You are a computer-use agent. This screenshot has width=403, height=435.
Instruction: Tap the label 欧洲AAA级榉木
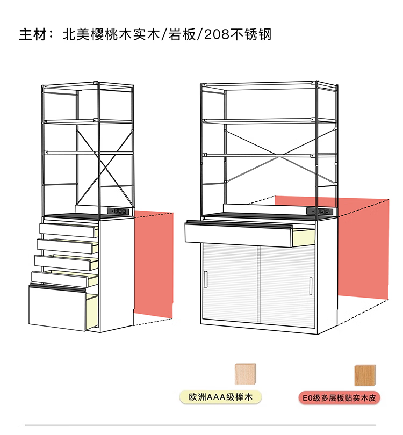pyautogui.click(x=221, y=398)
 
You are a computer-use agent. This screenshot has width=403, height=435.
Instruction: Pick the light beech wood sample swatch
pyautogui.click(x=245, y=374)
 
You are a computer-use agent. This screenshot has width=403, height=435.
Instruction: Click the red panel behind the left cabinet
pyautogui.click(x=153, y=263)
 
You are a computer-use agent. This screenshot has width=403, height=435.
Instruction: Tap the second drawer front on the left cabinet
pyautogui.click(x=64, y=247)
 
